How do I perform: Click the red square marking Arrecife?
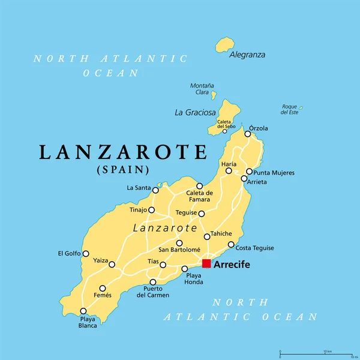(x=206, y=263)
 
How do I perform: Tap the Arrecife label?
(x=232, y=265)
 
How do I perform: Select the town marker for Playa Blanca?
(x=83, y=311)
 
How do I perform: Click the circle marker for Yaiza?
(x=112, y=264)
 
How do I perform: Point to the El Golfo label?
(x=69, y=253)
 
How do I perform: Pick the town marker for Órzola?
(x=247, y=134)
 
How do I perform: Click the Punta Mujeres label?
(x=274, y=173)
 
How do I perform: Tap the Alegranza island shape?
(x=226, y=44)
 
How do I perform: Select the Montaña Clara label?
(x=202, y=89)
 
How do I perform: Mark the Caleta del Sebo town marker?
(x=225, y=131)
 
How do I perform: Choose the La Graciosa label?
(x=194, y=112)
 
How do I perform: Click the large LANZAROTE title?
(x=123, y=152)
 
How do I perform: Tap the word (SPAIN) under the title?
(x=123, y=170)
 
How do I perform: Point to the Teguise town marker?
(x=202, y=214)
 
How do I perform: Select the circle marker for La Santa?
(x=155, y=190)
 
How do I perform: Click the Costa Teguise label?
(x=255, y=248)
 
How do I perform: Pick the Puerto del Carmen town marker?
(x=153, y=282)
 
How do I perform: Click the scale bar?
(x=312, y=353)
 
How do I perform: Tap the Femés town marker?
(x=103, y=288)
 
